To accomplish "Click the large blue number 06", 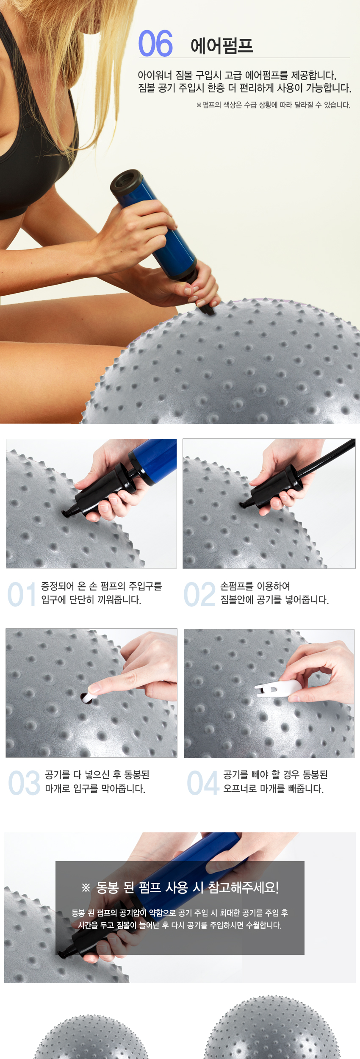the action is coord(155,43).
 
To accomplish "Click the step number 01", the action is coord(22,594).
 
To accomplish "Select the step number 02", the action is coord(199,594).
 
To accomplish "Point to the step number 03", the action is coord(24,783).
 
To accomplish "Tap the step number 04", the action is coord(203,783).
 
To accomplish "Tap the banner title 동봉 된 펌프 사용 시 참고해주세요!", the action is coord(180,887).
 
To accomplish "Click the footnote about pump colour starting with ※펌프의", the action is coord(273,105).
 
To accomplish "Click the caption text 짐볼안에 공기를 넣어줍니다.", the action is coord(274,600).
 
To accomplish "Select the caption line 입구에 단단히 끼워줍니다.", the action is coord(91,600).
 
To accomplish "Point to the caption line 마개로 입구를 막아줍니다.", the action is coord(95,789).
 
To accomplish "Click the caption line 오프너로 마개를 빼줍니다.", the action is coord(274,789).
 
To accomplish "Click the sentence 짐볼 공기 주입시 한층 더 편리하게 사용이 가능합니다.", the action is coord(245,88).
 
